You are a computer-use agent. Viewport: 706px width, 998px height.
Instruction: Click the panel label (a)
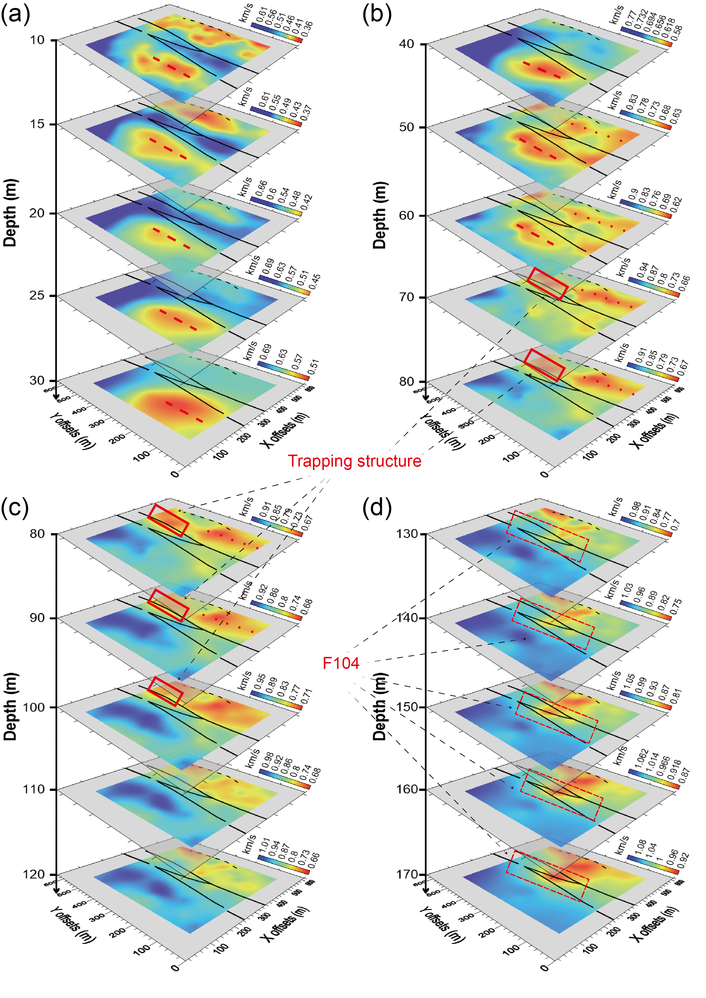16,14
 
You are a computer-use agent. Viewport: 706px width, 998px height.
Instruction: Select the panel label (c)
16,508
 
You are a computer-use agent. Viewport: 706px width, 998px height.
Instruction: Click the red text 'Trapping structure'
354,461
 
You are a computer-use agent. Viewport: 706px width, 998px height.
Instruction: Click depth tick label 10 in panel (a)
37,40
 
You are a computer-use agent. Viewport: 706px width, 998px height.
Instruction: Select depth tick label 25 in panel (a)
37,296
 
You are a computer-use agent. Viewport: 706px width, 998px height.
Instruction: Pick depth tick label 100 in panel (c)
34,707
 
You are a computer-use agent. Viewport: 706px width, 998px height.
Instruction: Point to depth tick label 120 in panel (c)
34,874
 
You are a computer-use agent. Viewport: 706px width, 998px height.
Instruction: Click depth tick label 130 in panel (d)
407,534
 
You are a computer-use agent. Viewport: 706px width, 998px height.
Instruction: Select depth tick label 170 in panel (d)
407,874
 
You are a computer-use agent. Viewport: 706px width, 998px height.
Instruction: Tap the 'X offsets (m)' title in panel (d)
654,923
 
